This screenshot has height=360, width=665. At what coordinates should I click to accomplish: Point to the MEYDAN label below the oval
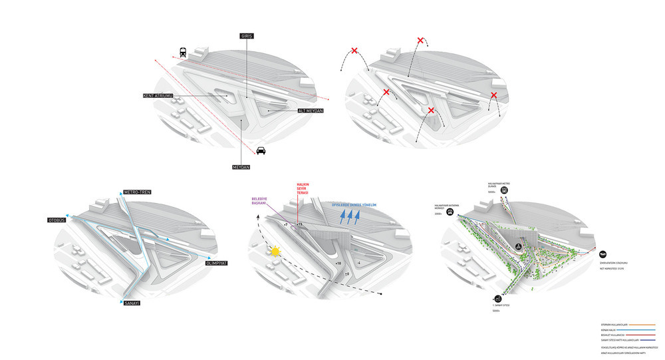coord(241,167)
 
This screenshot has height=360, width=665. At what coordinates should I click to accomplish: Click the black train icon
coord(182,53)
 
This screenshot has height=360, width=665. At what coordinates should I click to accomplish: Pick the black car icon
coord(261,150)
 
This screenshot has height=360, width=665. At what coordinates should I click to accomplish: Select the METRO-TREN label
coord(138,193)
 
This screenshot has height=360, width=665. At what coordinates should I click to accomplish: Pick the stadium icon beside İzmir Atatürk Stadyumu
coord(602,254)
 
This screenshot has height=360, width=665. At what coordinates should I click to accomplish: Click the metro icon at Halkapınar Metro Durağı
coord(505,190)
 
